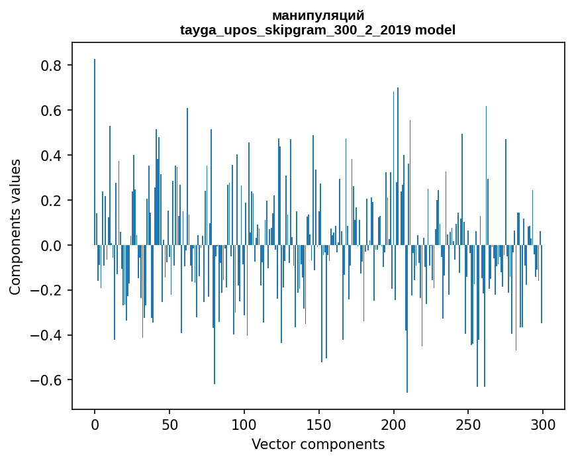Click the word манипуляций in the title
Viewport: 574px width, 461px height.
[x=318, y=15]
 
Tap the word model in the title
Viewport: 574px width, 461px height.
[x=436, y=30]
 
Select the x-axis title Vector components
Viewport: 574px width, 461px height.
[x=318, y=444]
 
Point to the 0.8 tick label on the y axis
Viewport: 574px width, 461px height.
[x=52, y=66]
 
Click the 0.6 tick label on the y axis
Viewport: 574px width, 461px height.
[x=52, y=111]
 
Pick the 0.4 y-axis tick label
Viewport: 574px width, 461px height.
[x=52, y=156]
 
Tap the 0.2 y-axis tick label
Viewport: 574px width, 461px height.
[x=52, y=201]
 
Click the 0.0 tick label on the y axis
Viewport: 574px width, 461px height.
[x=52, y=246]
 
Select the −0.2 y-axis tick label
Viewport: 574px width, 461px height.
[x=48, y=291]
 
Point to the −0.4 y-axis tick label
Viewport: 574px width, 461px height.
[x=48, y=336]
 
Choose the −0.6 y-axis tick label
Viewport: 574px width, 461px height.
[x=48, y=381]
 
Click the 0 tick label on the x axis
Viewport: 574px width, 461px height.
[x=95, y=425]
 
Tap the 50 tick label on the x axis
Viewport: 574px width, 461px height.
[x=169, y=425]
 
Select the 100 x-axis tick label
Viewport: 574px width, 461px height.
[x=244, y=425]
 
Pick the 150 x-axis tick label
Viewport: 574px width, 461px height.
[x=319, y=425]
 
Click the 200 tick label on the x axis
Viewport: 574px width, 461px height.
[x=394, y=425]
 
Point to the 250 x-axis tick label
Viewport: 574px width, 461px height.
[x=469, y=425]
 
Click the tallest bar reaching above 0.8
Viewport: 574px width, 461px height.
[x=95, y=152]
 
